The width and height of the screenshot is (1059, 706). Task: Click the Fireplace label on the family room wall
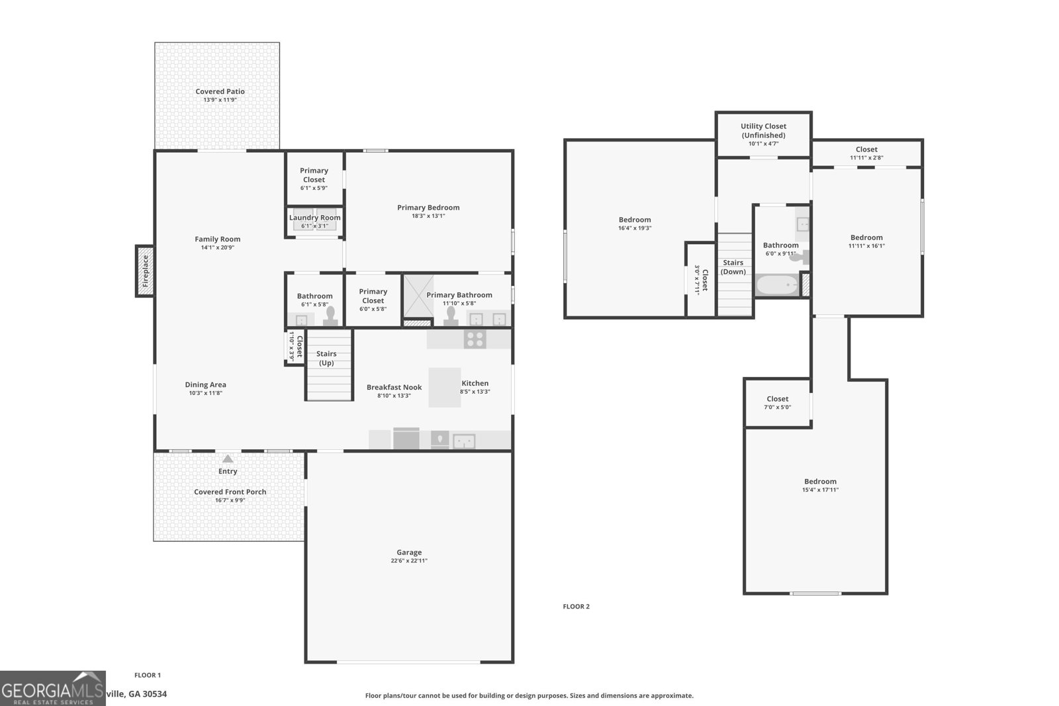[x=145, y=271]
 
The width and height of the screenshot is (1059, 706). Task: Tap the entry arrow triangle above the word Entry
[x=228, y=459]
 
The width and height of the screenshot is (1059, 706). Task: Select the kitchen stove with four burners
[x=475, y=339]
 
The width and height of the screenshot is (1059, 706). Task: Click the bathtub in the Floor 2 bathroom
[x=777, y=285]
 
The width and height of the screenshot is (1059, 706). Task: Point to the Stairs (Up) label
[x=326, y=358]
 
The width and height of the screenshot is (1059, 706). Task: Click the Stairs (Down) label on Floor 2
[x=733, y=267]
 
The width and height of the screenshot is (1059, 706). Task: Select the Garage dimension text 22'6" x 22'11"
[x=409, y=560]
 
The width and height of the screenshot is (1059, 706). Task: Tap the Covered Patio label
[x=220, y=91]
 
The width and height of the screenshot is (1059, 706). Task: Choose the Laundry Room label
[x=315, y=218]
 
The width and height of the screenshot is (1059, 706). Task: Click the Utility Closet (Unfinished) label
[x=763, y=130]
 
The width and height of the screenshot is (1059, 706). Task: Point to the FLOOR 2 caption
[x=576, y=606]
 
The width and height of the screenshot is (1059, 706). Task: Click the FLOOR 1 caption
[x=148, y=675]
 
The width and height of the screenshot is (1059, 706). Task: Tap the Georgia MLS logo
[x=52, y=688]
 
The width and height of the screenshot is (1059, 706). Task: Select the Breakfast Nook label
[x=394, y=387]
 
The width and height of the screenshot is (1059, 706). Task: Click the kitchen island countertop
[x=444, y=388]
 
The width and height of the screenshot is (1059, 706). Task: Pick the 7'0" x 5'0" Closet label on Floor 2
[x=777, y=402]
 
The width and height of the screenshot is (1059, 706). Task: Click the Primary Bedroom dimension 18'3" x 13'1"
[x=428, y=216]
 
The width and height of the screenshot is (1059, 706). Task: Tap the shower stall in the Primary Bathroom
[x=418, y=296]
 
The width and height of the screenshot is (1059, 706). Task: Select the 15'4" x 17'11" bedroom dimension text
[x=820, y=490]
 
